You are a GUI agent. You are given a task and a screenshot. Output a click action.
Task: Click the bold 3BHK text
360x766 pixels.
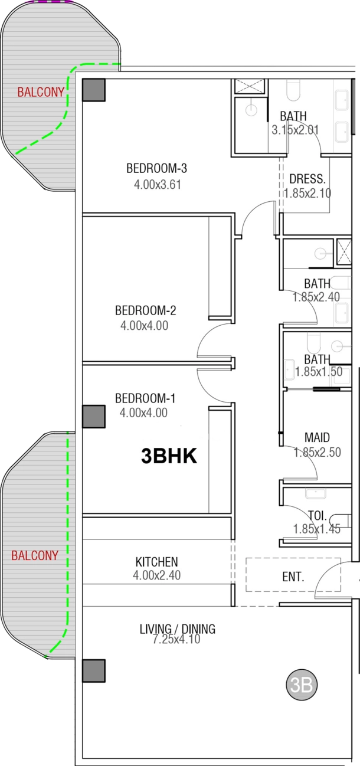(x=169, y=456)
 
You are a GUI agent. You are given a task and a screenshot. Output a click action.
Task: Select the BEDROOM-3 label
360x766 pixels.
(x=156, y=168)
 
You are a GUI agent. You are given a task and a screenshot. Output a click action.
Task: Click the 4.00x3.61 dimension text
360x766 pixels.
(x=157, y=185)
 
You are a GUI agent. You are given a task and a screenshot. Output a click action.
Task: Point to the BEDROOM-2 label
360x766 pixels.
(x=145, y=310)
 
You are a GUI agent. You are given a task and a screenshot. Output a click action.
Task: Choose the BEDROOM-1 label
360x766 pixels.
(x=145, y=398)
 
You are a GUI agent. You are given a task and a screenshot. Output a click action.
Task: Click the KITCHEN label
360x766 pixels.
(x=156, y=562)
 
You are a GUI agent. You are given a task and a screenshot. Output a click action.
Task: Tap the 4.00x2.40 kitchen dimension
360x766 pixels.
(x=156, y=575)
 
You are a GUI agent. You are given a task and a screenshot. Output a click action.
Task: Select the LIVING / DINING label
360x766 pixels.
(x=178, y=628)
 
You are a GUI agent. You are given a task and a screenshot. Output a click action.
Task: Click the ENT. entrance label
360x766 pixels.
(x=293, y=577)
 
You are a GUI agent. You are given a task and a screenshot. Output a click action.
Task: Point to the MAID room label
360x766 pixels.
(x=317, y=437)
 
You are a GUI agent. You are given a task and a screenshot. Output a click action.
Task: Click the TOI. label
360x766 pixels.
(x=318, y=515)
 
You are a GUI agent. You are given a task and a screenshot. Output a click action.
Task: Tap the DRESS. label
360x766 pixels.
(x=307, y=179)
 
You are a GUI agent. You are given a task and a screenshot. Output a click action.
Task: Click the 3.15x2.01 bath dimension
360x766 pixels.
(x=295, y=130)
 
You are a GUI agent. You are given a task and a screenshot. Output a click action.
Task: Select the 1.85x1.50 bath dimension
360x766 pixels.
(x=319, y=372)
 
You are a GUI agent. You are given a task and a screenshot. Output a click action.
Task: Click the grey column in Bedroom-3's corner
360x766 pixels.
(x=94, y=90)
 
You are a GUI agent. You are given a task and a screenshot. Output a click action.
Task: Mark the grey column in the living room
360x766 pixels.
(x=94, y=670)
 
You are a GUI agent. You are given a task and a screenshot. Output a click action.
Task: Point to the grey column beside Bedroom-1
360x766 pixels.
(x=94, y=417)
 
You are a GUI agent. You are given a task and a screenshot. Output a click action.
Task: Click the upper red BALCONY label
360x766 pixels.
(x=41, y=92)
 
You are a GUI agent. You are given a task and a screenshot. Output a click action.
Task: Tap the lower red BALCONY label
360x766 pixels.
(x=35, y=555)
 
